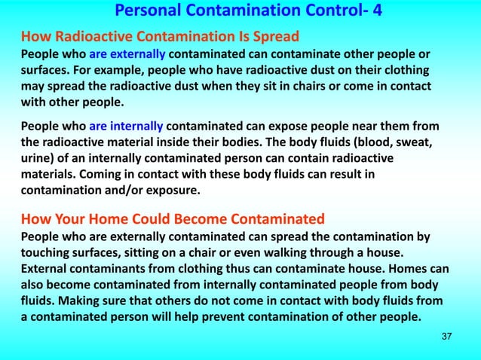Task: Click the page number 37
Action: (x=446, y=335)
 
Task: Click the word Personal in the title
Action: (x=149, y=12)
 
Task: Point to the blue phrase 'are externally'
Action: (x=128, y=53)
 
